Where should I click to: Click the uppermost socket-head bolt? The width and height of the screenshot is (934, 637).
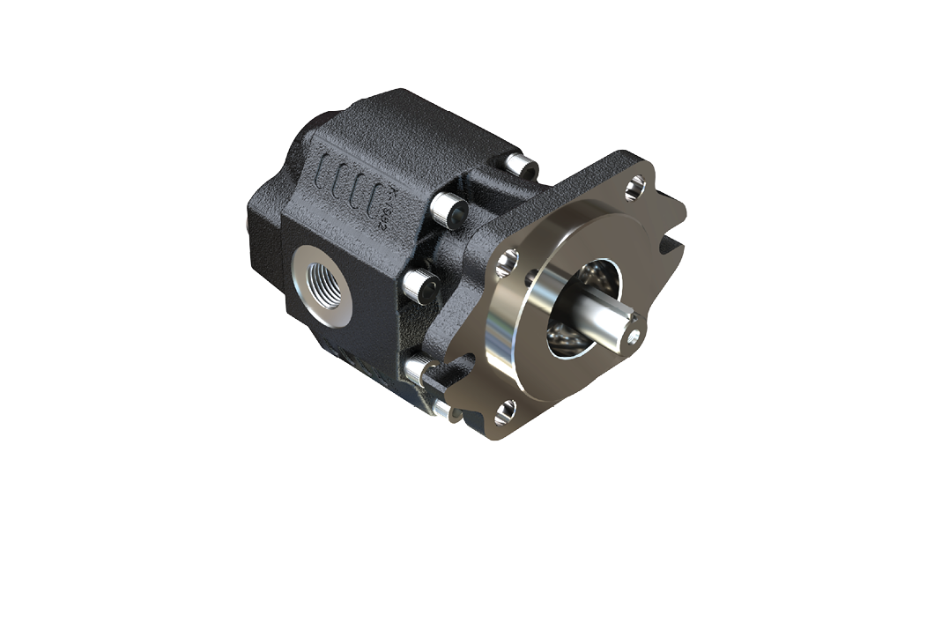pyautogui.click(x=525, y=165)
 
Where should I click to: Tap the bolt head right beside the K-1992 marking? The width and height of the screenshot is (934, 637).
pyautogui.click(x=451, y=210)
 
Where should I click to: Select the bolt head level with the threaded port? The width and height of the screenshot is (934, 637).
pyautogui.click(x=420, y=285)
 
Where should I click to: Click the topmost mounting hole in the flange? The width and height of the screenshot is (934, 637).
pyautogui.click(x=636, y=186)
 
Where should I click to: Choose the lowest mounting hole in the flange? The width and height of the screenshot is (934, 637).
pyautogui.click(x=505, y=410)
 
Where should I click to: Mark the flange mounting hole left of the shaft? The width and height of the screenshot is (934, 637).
pyautogui.click(x=507, y=261)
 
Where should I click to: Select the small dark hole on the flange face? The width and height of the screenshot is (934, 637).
pyautogui.click(x=530, y=280)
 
